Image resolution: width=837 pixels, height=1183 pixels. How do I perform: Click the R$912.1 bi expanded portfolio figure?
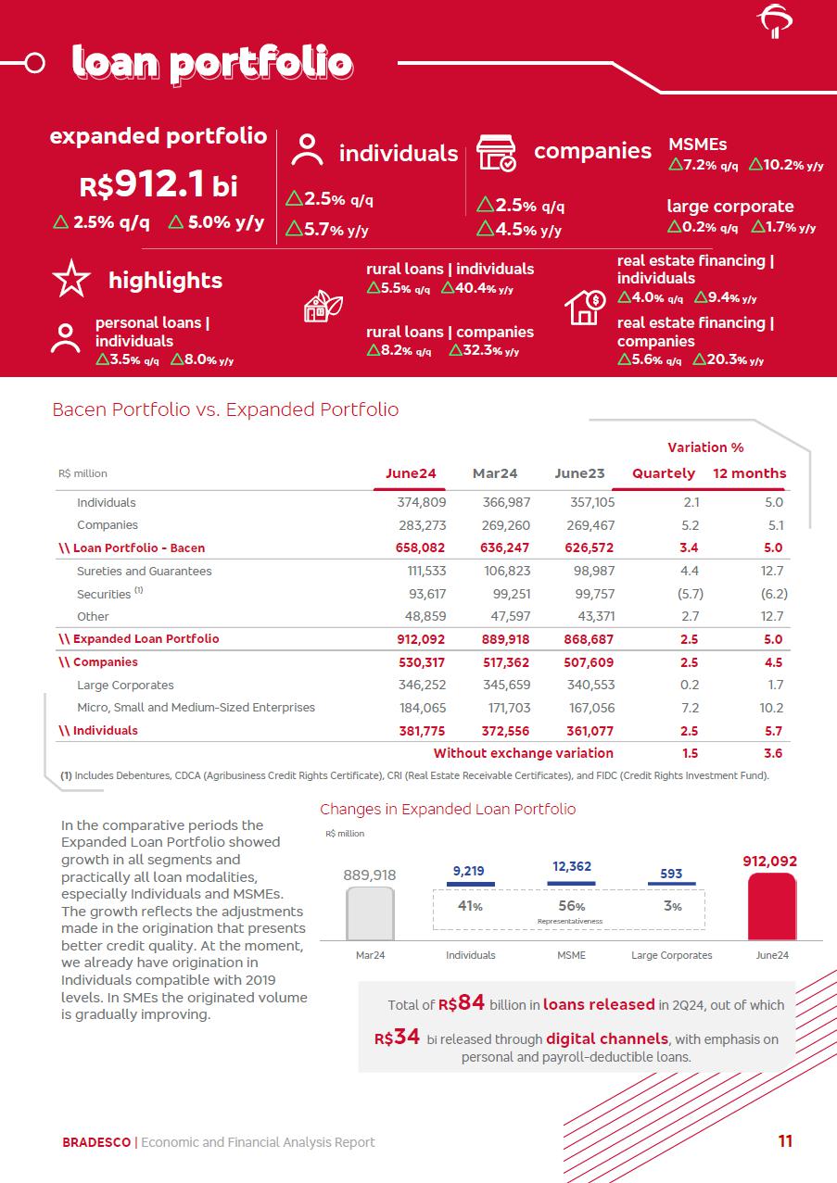tap(159, 185)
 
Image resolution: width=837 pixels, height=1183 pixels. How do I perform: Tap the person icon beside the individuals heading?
tap(307, 151)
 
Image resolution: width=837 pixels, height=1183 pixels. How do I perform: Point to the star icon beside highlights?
tap(71, 280)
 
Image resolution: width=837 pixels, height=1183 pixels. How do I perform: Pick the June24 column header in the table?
tap(411, 473)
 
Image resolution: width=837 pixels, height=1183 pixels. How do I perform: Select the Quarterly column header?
tap(664, 473)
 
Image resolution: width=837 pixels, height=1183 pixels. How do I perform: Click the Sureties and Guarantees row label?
tap(144, 571)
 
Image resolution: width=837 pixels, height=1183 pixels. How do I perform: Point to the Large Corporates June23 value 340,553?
tap(589, 686)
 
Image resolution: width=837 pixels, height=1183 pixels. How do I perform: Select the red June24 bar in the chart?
tap(771, 907)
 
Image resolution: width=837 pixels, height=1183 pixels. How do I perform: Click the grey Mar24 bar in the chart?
tap(370, 913)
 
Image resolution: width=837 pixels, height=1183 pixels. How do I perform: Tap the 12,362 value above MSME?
tap(572, 867)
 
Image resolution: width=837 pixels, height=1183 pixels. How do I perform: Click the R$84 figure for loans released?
tap(462, 1003)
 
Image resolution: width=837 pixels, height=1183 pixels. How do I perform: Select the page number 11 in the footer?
tap(785, 1141)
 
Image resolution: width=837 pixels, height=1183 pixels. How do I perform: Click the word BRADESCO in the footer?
tap(96, 1142)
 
